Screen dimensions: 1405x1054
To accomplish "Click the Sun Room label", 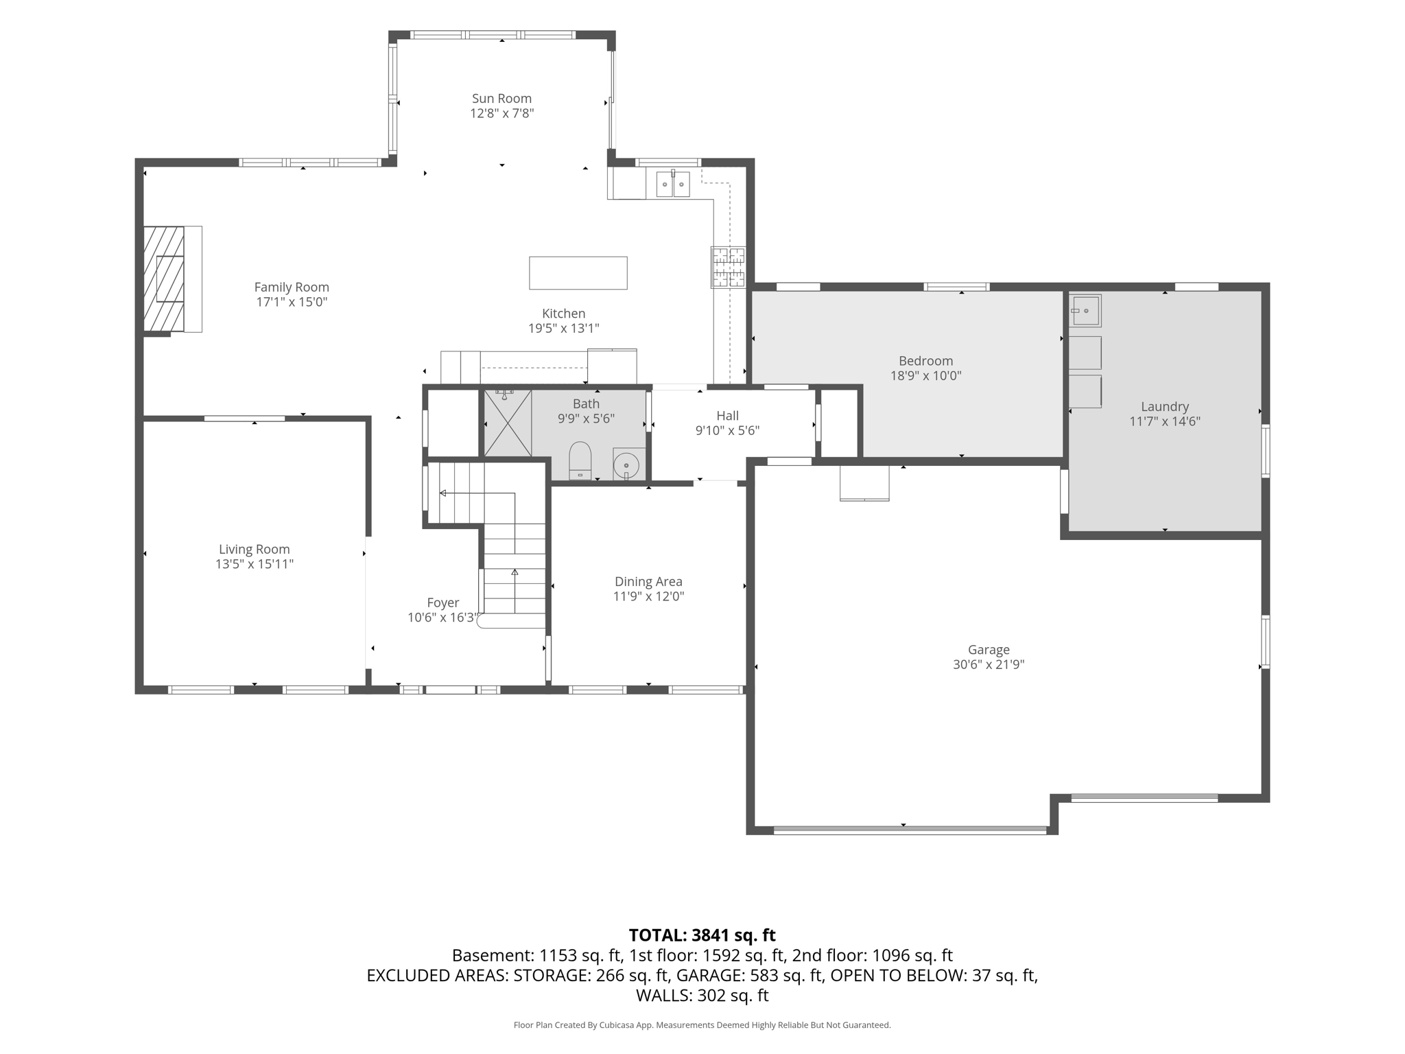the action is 501,99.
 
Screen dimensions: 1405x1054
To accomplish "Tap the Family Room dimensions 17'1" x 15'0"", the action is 292,302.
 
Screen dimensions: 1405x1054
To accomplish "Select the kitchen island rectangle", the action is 578,273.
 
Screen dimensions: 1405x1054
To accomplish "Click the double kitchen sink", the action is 672,184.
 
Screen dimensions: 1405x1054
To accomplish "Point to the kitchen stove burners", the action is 728,268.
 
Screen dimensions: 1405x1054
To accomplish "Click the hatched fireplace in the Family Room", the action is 164,279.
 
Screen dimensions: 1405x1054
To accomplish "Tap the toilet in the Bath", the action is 580,460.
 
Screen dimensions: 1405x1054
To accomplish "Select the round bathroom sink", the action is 626,465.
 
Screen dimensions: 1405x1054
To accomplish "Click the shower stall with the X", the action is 508,423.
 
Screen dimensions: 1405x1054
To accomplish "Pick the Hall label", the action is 727,416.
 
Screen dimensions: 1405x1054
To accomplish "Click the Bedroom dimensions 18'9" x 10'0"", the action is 925,376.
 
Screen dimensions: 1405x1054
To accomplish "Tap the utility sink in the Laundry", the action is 1085,311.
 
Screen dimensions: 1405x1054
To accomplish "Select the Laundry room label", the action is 1165,407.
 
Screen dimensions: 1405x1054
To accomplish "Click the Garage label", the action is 989,650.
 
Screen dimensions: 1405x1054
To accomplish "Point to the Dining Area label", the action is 648,582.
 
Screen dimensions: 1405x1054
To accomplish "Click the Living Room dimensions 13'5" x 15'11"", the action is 255,564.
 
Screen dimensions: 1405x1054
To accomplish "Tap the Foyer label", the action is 443,603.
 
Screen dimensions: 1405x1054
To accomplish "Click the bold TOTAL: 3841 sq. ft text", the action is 702,935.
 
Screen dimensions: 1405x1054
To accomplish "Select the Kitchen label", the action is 564,314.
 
